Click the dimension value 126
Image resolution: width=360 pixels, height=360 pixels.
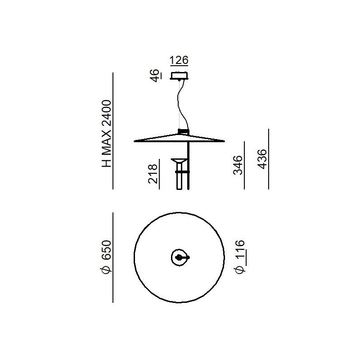179,60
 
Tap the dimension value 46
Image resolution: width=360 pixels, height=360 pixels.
155,75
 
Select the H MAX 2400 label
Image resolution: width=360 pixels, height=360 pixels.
107,134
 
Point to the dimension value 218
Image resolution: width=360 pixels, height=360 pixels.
153,174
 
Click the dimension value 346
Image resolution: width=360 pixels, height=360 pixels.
238,165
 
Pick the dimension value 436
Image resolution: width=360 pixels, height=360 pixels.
262,159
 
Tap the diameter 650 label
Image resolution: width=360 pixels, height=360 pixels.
106,257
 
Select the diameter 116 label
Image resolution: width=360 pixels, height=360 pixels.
239,256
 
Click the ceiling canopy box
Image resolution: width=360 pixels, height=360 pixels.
179,76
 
